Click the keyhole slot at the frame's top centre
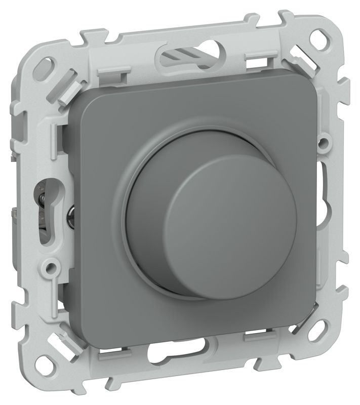tap(188, 53)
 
